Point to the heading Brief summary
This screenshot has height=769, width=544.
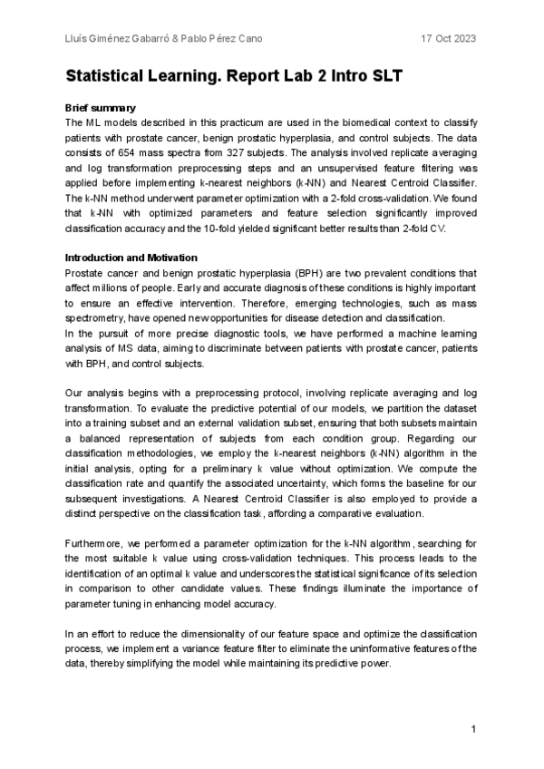(x=101, y=107)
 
